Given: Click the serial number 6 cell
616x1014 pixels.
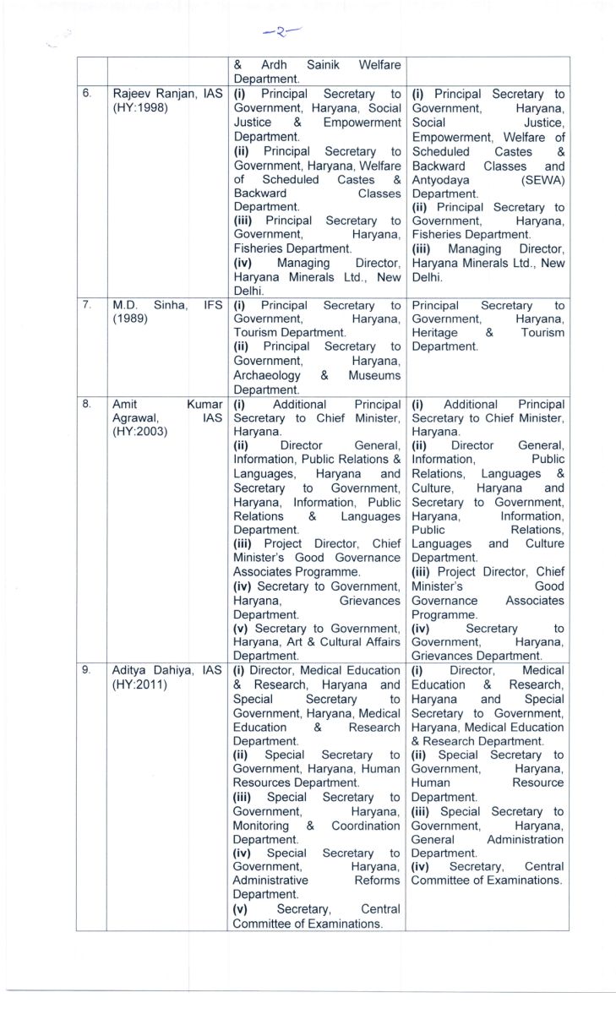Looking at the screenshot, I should pos(86,95).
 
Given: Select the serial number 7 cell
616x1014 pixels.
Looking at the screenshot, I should pos(86,304).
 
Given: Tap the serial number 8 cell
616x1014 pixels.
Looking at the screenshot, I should pos(86,404).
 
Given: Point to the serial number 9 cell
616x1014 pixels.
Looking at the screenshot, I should pos(86,670).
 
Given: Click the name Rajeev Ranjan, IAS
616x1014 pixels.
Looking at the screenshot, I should pos(167,95).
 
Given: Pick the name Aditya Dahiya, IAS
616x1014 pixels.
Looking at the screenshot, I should pos(167,670).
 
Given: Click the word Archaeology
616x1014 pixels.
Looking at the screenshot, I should pos(266,375).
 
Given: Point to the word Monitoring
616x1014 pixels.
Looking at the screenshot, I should pos(261,826).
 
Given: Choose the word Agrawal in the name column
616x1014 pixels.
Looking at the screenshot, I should pos(135,417).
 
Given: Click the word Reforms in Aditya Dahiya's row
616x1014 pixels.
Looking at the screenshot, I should pos(377,881).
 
